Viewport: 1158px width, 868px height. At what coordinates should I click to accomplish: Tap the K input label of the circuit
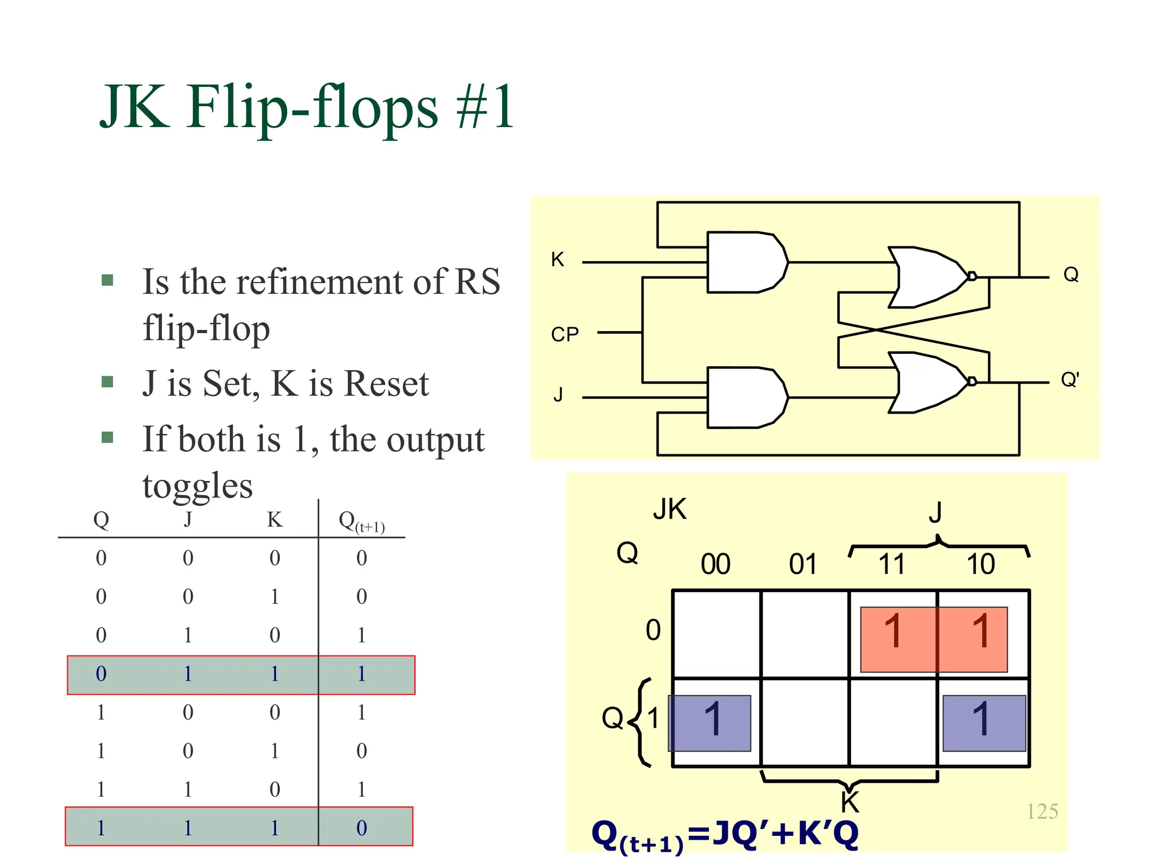point(558,259)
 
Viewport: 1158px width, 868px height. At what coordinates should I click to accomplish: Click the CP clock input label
point(565,335)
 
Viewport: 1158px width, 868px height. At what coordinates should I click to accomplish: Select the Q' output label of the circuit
point(1070,379)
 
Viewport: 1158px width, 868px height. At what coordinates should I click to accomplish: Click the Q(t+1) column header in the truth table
point(361,522)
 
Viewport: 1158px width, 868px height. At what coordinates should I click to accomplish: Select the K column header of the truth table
point(275,519)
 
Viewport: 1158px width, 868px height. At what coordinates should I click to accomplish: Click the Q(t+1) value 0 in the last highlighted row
point(362,828)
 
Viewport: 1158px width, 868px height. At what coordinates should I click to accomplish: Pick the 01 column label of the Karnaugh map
point(803,564)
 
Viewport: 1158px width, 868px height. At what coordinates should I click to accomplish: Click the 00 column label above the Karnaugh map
point(715,564)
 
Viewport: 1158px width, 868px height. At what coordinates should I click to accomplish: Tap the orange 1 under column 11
point(893,631)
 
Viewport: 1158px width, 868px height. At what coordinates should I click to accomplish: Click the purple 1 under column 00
point(713,719)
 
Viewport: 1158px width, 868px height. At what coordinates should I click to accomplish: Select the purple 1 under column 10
point(982,719)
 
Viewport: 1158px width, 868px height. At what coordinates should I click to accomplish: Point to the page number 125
point(1042,811)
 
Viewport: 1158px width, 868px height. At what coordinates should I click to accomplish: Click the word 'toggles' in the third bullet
point(197,486)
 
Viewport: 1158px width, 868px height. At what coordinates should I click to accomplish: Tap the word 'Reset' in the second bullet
point(387,384)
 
